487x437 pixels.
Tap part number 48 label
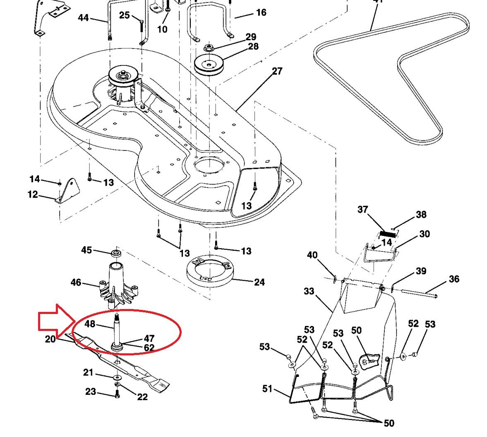(x=90, y=324)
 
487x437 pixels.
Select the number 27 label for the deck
(x=277, y=71)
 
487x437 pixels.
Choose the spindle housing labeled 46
(x=115, y=286)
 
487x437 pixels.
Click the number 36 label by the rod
(x=453, y=279)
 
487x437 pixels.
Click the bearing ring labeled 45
(x=115, y=252)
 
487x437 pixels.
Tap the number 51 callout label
(x=268, y=389)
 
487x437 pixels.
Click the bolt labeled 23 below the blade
(x=117, y=394)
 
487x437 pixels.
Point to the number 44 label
(x=83, y=18)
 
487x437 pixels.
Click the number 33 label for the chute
(x=309, y=292)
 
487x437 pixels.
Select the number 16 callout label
(x=261, y=12)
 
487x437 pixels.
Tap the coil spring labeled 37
(x=388, y=234)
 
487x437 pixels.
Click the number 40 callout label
(x=312, y=255)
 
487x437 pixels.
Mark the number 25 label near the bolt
(x=124, y=15)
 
